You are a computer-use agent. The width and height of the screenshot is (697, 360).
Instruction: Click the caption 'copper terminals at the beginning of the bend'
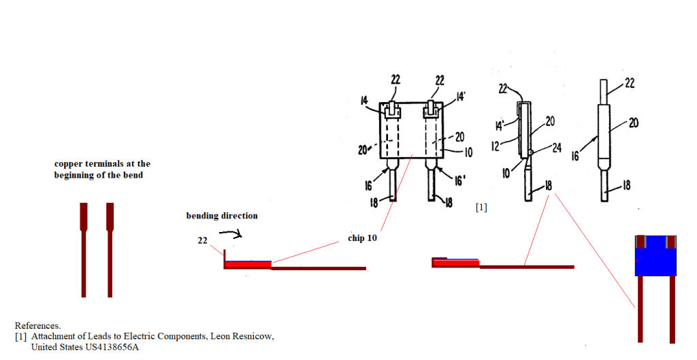(x=102, y=169)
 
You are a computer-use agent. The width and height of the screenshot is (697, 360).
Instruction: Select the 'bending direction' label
(x=222, y=216)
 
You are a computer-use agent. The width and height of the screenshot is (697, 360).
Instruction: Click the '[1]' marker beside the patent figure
(x=481, y=208)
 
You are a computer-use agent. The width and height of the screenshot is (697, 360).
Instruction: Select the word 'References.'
(x=37, y=325)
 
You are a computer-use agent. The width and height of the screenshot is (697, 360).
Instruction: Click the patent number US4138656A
(x=106, y=347)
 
